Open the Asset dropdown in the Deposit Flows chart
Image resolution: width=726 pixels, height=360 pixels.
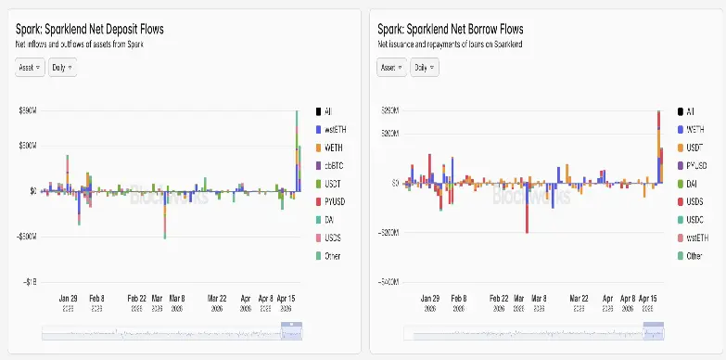[x=30, y=68]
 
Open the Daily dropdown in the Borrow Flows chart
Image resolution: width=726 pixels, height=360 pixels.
[x=426, y=68]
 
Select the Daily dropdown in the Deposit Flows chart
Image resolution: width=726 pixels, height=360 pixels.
[x=62, y=68]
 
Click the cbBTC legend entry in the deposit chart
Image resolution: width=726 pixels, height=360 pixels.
[x=333, y=164]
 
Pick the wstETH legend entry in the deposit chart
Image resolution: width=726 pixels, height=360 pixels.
[x=334, y=128]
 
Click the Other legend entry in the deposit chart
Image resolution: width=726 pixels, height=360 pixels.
[x=332, y=255]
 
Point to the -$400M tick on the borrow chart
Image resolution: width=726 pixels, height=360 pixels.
[x=387, y=280]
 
